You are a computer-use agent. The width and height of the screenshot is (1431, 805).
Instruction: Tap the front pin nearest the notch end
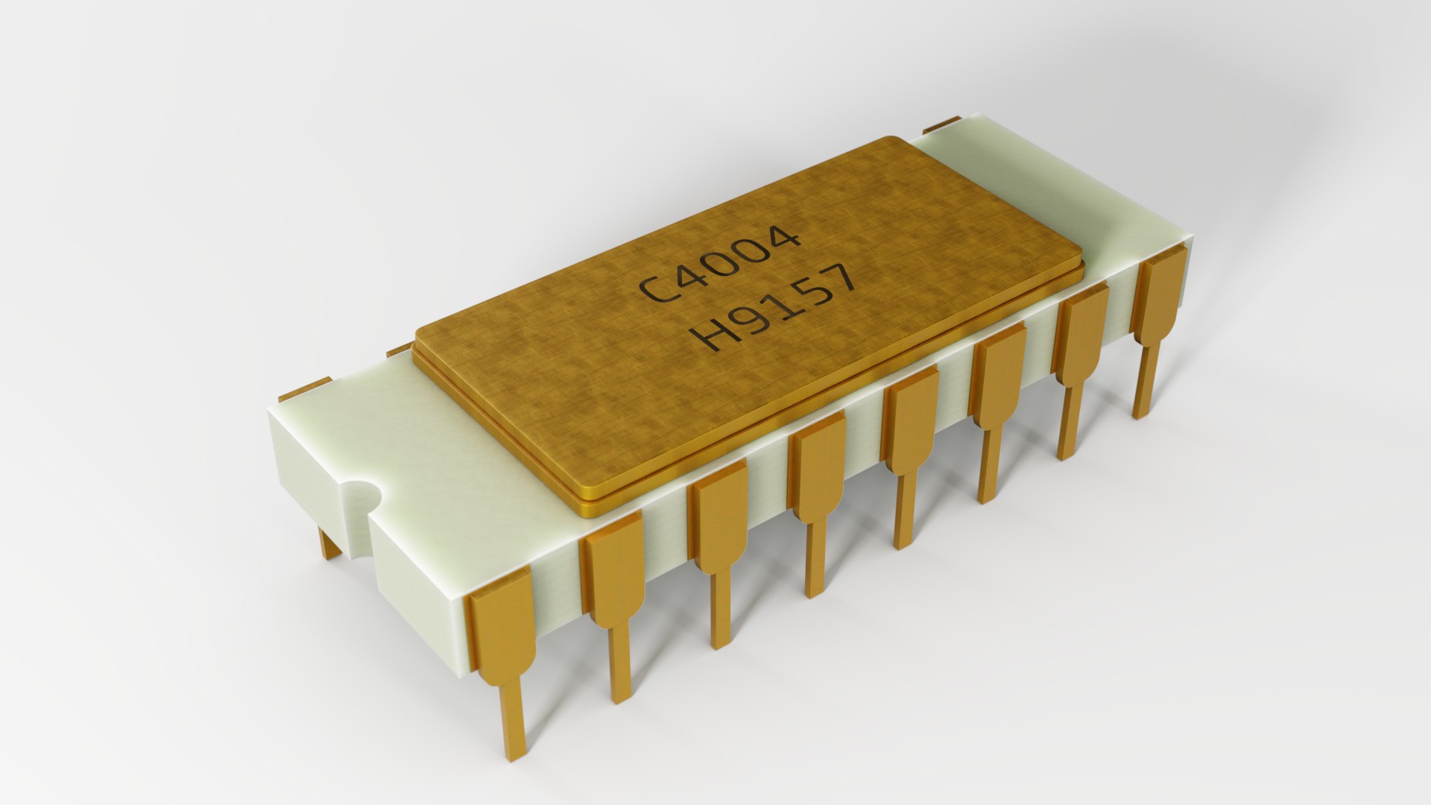pyautogui.click(x=503, y=634)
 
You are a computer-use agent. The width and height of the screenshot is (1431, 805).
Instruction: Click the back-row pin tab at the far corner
pyautogui.click(x=942, y=123)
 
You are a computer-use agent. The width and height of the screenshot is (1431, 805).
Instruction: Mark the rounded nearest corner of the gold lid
pyautogui.click(x=589, y=496)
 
